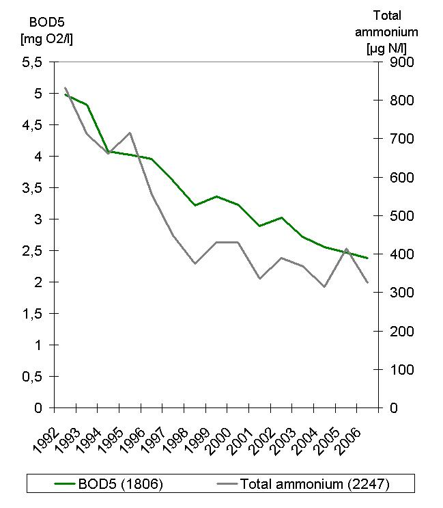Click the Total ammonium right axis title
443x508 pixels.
click(x=397, y=31)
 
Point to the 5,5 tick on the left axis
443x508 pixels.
click(x=33, y=62)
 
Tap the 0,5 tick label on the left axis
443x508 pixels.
click(x=33, y=377)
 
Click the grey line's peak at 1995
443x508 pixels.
click(x=130, y=133)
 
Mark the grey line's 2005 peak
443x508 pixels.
click(x=346, y=249)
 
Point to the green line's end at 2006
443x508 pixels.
click(x=368, y=258)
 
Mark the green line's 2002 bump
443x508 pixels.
click(x=281, y=217)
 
